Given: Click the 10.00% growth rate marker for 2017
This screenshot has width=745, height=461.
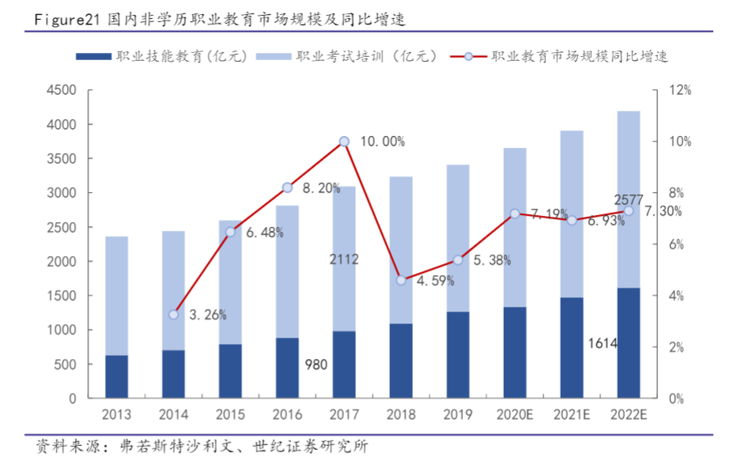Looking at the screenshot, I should pos(344,142).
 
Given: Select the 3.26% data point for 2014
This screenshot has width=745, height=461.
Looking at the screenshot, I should pos(173,315).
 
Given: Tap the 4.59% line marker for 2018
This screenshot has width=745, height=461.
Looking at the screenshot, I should pos(401,280).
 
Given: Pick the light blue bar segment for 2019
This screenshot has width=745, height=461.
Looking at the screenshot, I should pos(458,238).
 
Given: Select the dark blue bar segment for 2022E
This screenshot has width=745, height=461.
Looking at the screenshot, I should pos(629,342).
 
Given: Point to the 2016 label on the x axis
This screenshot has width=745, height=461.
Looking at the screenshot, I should pos(287,415).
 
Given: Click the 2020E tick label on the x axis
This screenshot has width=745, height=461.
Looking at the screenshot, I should pos(515,415).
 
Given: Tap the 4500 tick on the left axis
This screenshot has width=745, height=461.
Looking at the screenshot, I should pos(61,91).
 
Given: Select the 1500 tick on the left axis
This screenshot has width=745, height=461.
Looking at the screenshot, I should pos(61,296).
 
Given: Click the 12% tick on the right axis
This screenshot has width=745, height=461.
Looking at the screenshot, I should pos(679,91).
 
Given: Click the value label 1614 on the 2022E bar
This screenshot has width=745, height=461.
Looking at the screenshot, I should pos(603,343).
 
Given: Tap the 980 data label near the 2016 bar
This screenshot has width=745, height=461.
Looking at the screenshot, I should pos(316,365).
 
